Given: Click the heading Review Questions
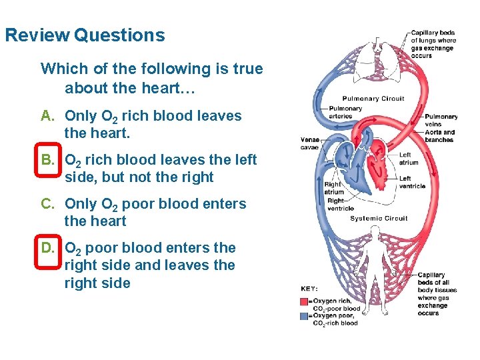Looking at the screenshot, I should coord(85,35).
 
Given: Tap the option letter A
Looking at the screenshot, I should coord(47,116).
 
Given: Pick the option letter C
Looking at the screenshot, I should coord(47,204).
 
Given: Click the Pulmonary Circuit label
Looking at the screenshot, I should coord(373,99).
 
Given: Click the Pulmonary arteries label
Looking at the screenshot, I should coord(345,112).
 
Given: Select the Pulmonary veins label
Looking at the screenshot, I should coord(441,120).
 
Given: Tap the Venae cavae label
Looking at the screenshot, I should coord(310,143).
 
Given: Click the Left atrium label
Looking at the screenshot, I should coord(408,159).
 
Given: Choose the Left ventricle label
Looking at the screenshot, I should coord(411,182).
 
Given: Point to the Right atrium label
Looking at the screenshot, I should coord(333,188).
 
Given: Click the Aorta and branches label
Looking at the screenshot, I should coord(440,135).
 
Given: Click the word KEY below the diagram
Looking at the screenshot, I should coord(310,289).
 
